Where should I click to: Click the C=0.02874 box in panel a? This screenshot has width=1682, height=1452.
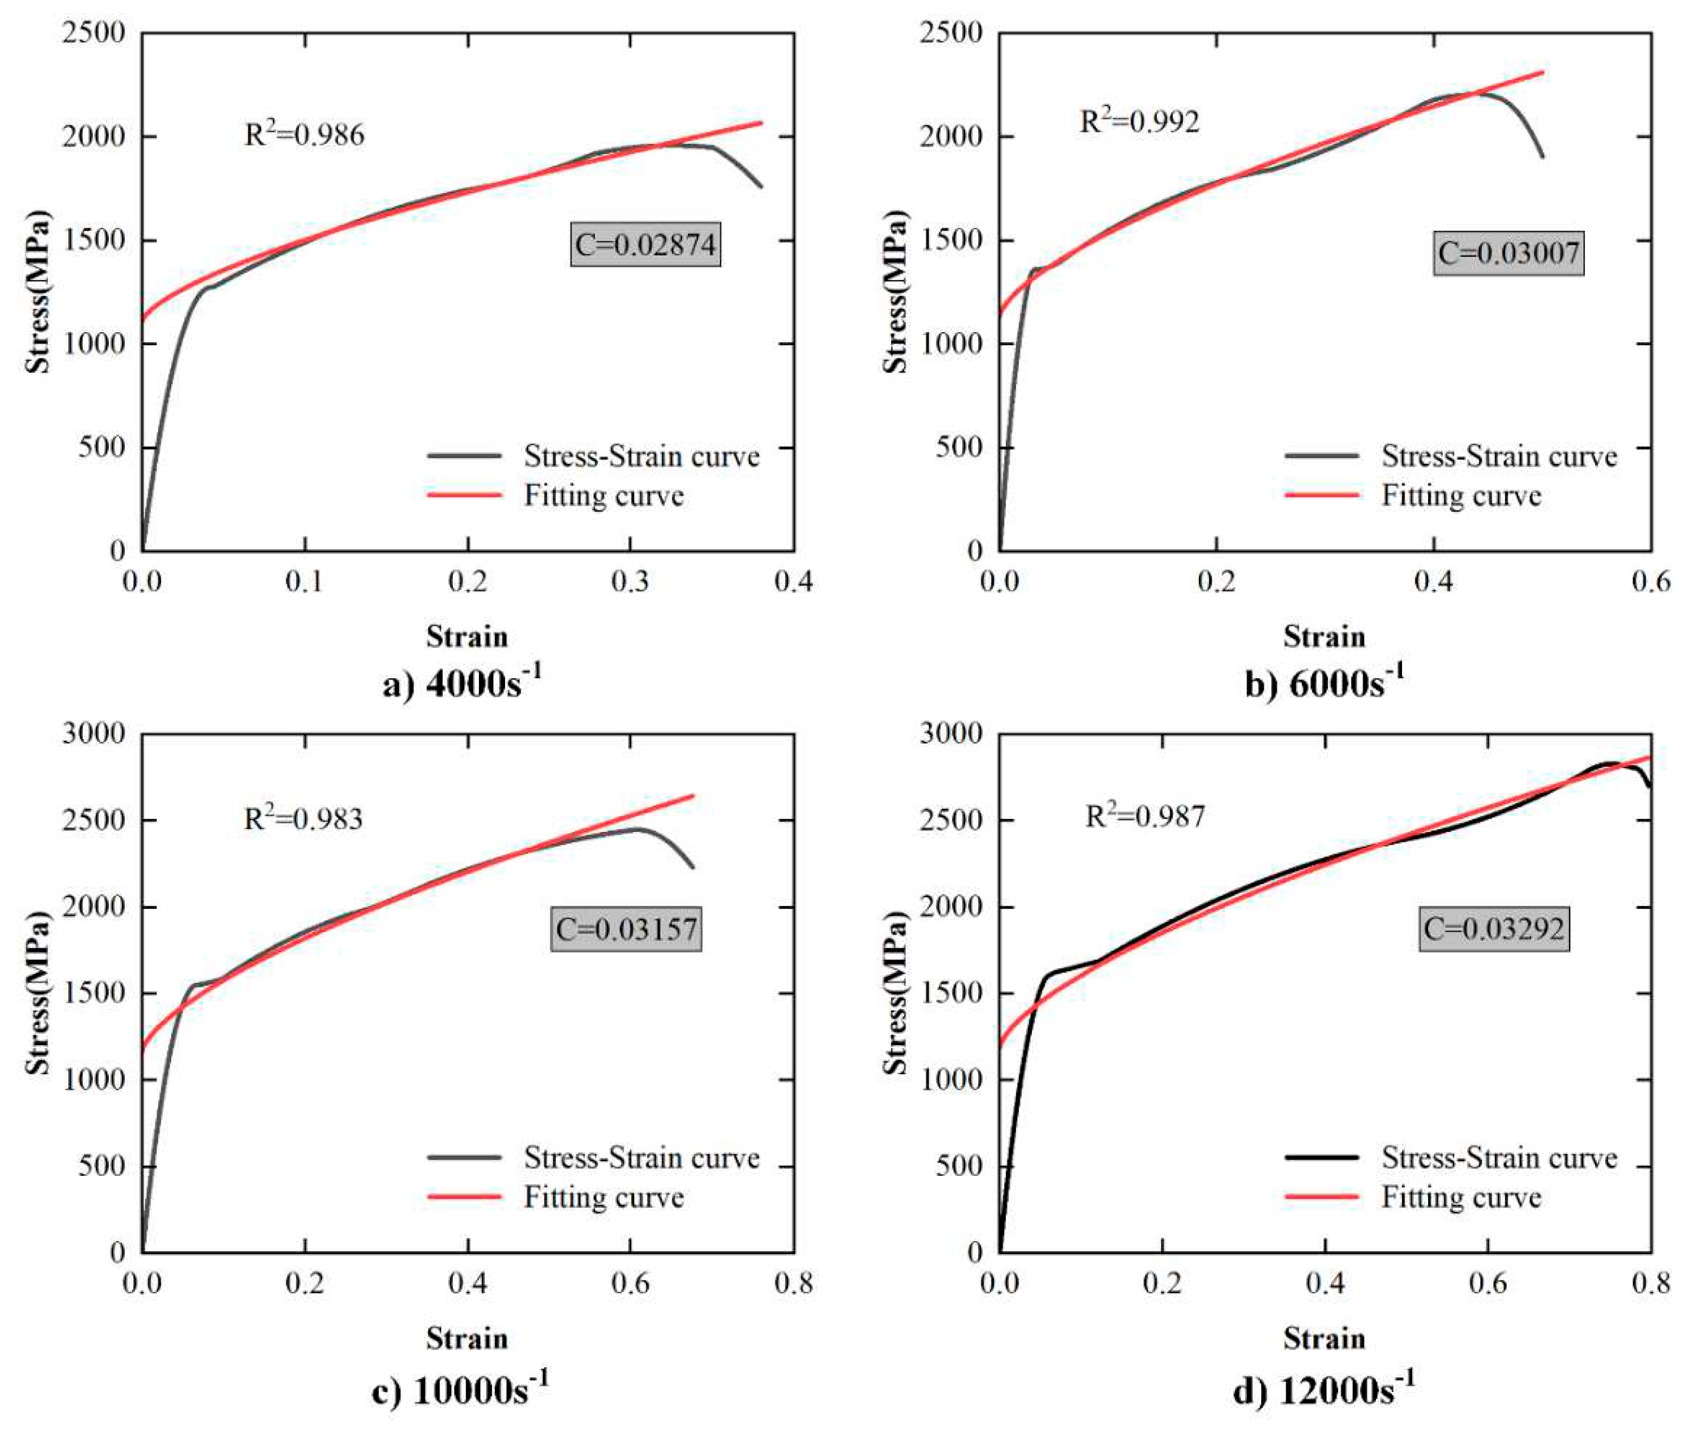[x=645, y=244]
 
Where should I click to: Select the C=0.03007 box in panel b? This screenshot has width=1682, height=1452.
[x=1508, y=253]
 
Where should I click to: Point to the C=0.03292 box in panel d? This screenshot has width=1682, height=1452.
[x=1494, y=928]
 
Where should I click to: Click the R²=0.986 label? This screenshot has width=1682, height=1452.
[x=305, y=134]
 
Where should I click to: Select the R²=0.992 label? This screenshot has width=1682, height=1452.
[x=1139, y=121]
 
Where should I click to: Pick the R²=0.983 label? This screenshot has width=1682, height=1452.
[x=303, y=818]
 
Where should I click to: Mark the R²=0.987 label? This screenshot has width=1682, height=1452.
[x=1146, y=816]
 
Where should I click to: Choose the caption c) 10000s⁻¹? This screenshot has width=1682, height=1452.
[x=460, y=1390]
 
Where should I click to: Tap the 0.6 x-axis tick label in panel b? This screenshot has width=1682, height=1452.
[x=1651, y=581]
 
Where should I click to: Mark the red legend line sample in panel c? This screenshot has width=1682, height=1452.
[x=464, y=1197]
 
